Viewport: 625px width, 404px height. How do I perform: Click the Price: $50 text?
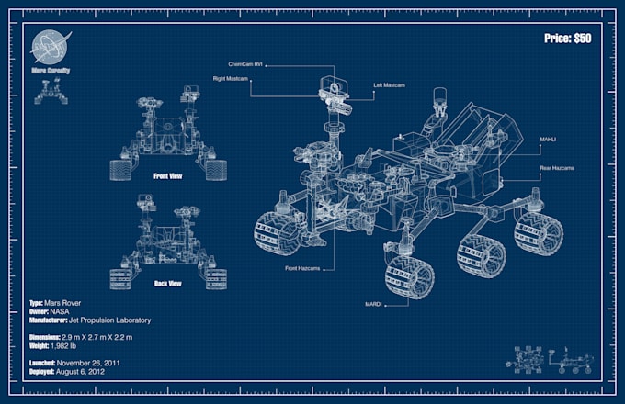click(569, 39)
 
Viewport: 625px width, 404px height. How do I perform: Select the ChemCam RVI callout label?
click(245, 64)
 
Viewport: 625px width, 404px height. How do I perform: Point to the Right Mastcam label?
click(233, 78)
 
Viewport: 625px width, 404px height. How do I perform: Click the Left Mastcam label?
click(390, 85)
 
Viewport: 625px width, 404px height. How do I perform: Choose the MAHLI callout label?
click(548, 140)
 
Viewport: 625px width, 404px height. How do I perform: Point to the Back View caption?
click(166, 283)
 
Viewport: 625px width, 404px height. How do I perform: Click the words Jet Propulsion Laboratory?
click(110, 320)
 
